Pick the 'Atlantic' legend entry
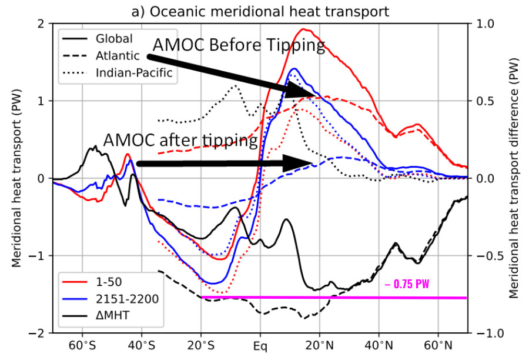[x=117, y=56]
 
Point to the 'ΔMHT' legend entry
[x=112, y=316]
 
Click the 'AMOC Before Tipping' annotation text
[x=239, y=46]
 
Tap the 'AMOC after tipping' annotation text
[x=180, y=141]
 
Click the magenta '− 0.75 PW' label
[x=407, y=285]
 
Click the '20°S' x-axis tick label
[x=201, y=344]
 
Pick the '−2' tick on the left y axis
[x=38, y=333]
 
